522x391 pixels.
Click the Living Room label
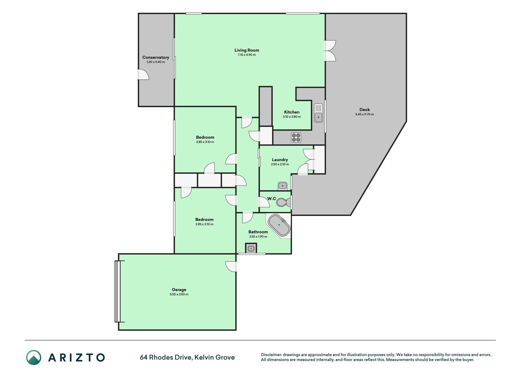pos(246,50)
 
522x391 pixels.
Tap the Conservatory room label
pos(156,57)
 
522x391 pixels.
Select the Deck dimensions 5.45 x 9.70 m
pos(365,114)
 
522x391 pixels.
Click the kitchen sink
pos(318,113)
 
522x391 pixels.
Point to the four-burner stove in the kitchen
pos(296,137)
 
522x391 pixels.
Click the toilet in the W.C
pos(283,202)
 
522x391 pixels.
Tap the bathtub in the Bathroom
pos(279,225)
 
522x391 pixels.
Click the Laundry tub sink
pos(283,185)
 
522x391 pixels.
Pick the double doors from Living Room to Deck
pos(330,51)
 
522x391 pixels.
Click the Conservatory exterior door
pos(143,75)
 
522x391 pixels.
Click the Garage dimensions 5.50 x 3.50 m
pos(179,294)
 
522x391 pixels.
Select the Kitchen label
pos(292,112)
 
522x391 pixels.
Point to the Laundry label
pos(280,159)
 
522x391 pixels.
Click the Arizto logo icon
pos(34,357)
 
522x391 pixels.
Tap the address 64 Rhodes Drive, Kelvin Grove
pos(187,357)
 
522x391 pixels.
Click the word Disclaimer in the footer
pos(271,355)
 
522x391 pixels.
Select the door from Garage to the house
pos(231,266)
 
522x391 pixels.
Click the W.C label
pos(272,199)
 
